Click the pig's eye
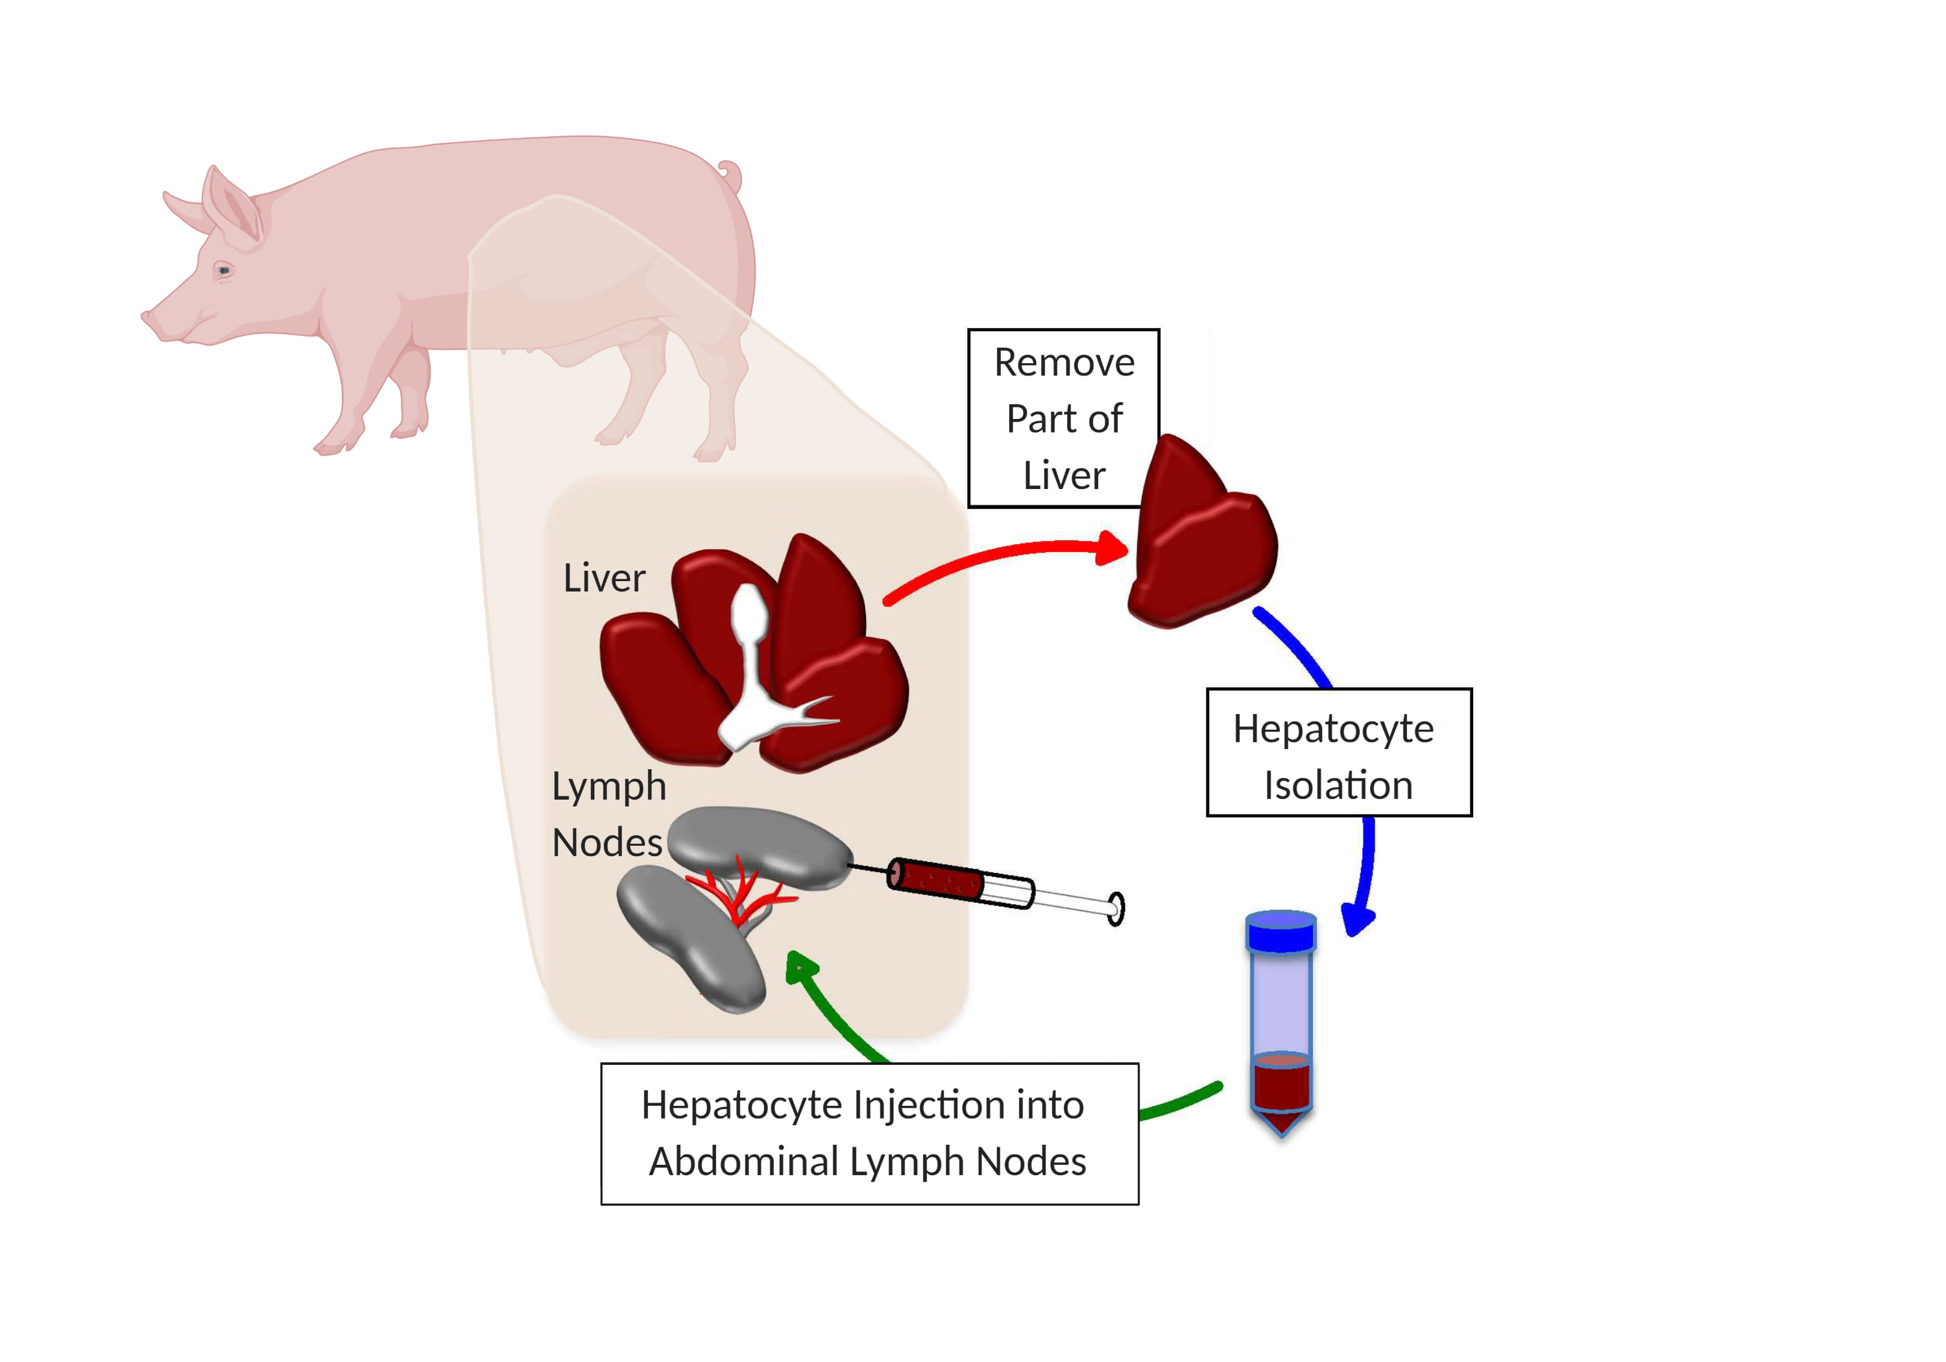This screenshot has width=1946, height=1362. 224,270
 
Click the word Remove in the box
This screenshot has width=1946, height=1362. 1064,363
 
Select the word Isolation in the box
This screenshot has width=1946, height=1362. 1338,785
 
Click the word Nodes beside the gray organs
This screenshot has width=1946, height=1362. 607,842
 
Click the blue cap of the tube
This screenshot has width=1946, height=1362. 1280,931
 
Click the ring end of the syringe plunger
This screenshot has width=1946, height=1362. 1116,909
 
